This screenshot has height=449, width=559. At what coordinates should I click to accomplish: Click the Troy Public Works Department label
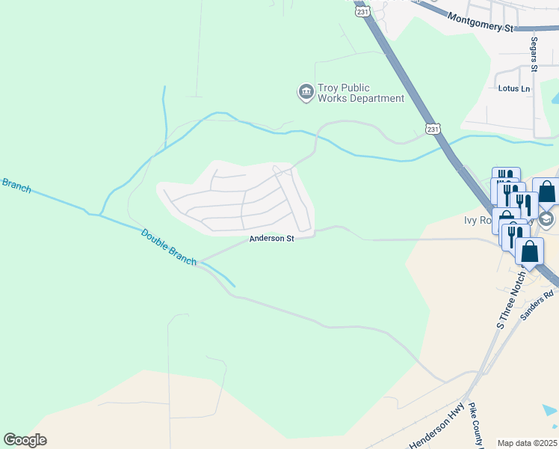[x=361, y=93]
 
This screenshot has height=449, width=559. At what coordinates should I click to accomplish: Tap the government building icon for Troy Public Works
[x=306, y=92]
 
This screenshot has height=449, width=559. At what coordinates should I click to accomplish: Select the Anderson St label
[x=271, y=239]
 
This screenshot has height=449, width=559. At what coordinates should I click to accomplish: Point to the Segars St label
[x=534, y=54]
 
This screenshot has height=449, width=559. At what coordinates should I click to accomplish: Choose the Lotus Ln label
[x=513, y=88]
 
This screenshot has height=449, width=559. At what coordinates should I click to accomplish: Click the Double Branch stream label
[x=169, y=245]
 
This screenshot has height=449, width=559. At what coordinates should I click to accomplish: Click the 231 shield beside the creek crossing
[x=433, y=129]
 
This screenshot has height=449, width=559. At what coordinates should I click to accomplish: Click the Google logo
[x=25, y=440]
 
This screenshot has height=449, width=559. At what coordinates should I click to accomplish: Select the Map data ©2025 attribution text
[x=527, y=443]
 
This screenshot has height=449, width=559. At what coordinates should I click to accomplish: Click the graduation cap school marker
[x=547, y=218]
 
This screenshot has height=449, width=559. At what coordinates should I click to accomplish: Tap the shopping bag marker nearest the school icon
[x=546, y=192]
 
